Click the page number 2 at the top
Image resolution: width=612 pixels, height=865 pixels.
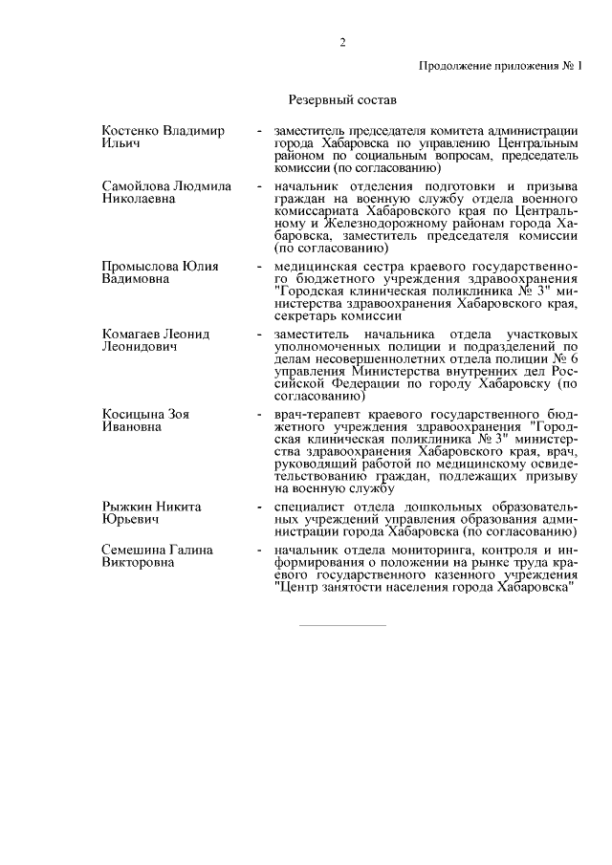click(x=341, y=41)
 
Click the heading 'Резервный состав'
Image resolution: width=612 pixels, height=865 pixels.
click(x=341, y=98)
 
